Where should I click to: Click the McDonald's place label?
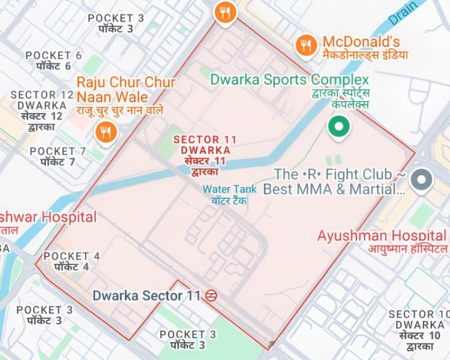coord(361,42)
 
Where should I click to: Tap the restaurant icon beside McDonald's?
coord(307,44)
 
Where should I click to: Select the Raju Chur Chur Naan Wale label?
coord(126,89)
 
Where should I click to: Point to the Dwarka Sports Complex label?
coord(289,80)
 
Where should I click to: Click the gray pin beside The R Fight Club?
coord(423,179)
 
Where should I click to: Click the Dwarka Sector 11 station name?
coord(146,296)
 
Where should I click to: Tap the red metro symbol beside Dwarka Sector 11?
coord(210,296)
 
